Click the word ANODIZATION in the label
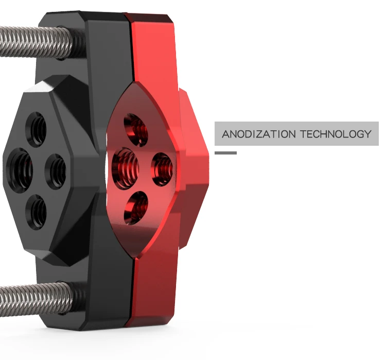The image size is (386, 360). (259, 134)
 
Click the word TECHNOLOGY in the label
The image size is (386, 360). (336, 134)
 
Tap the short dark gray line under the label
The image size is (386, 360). (225, 153)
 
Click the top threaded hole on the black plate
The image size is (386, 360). (36, 130)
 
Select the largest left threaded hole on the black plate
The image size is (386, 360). (20, 167)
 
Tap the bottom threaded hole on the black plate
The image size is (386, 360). (37, 212)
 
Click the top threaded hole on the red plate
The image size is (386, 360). (136, 130)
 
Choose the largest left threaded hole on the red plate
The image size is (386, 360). (125, 168)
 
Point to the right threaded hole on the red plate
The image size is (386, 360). (162, 169)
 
